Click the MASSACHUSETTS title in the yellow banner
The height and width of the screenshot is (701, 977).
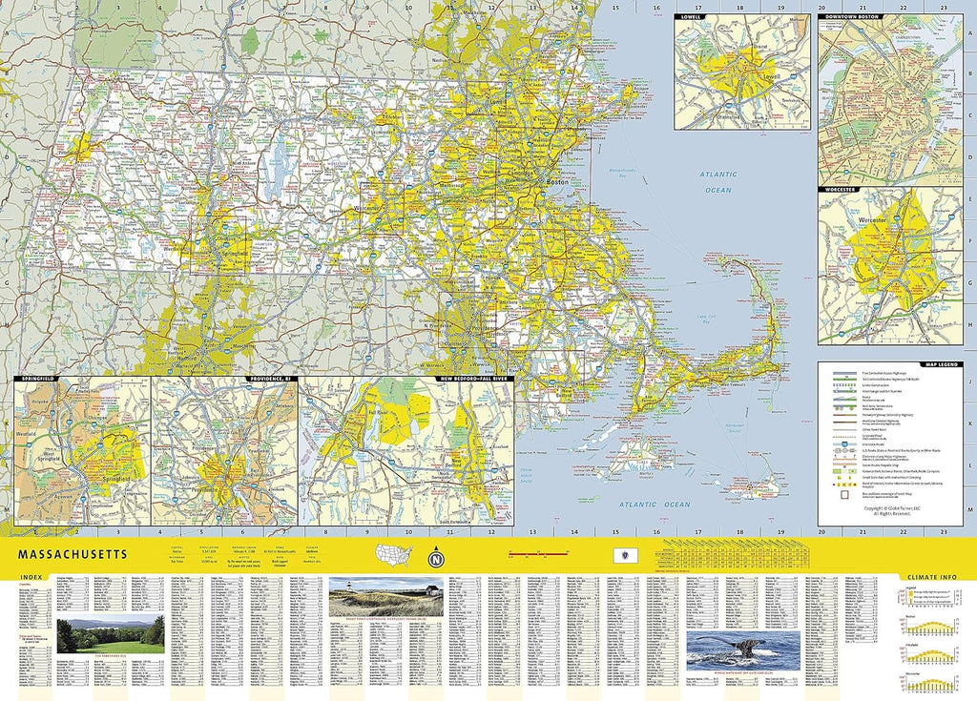(70, 554)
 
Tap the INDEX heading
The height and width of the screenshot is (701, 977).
(30, 577)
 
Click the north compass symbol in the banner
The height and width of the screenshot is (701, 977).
(436, 557)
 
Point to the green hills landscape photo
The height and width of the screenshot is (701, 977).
(111, 634)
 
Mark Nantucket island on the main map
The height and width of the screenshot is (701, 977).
(754, 486)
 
